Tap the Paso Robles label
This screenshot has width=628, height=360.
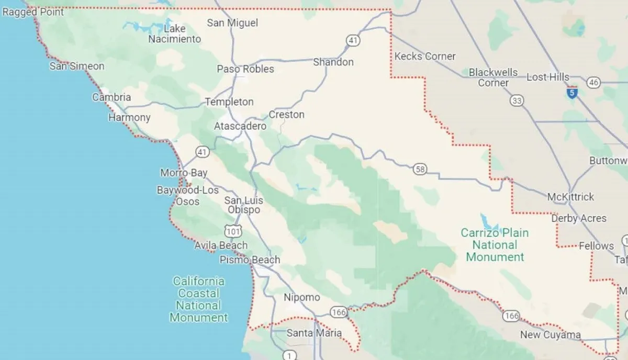pyautogui.click(x=245, y=69)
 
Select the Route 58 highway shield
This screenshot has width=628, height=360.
pyautogui.click(x=419, y=169)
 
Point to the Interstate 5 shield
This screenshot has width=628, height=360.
pyautogui.click(x=572, y=93)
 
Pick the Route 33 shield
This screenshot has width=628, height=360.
pyautogui.click(x=517, y=100)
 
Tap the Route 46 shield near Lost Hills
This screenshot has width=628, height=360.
pyautogui.click(x=593, y=82)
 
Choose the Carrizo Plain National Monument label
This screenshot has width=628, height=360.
pyautogui.click(x=495, y=245)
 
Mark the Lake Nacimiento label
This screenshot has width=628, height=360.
pyautogui.click(x=174, y=34)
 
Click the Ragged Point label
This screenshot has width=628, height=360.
pyautogui.click(x=33, y=12)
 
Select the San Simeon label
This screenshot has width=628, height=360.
pyautogui.click(x=77, y=66)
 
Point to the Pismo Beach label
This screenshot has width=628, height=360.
pyautogui.click(x=250, y=260)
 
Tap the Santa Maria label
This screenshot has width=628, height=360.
pyautogui.click(x=314, y=333)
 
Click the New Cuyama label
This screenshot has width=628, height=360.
pyautogui.click(x=550, y=335)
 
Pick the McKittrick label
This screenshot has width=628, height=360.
pyautogui.click(x=570, y=197)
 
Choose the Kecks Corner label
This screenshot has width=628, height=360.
pyautogui.click(x=425, y=57)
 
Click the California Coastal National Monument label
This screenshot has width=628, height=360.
pyautogui.click(x=199, y=299)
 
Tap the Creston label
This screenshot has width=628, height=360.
pyautogui.click(x=286, y=115)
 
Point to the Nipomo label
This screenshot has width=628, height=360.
pyautogui.click(x=301, y=297)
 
